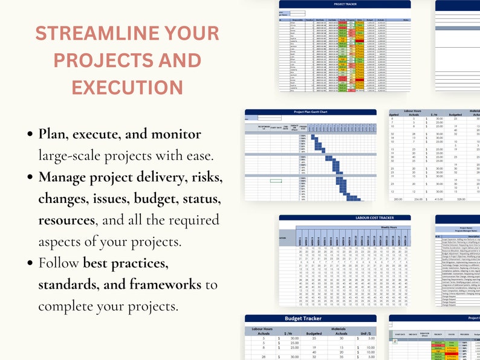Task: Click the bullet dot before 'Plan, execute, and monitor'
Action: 30,134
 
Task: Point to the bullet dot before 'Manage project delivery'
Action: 30,178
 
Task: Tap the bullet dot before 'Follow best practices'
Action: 30,263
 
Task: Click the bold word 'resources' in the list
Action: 66,220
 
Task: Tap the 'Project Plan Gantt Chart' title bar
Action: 311,112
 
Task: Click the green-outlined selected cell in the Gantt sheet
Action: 276,180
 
